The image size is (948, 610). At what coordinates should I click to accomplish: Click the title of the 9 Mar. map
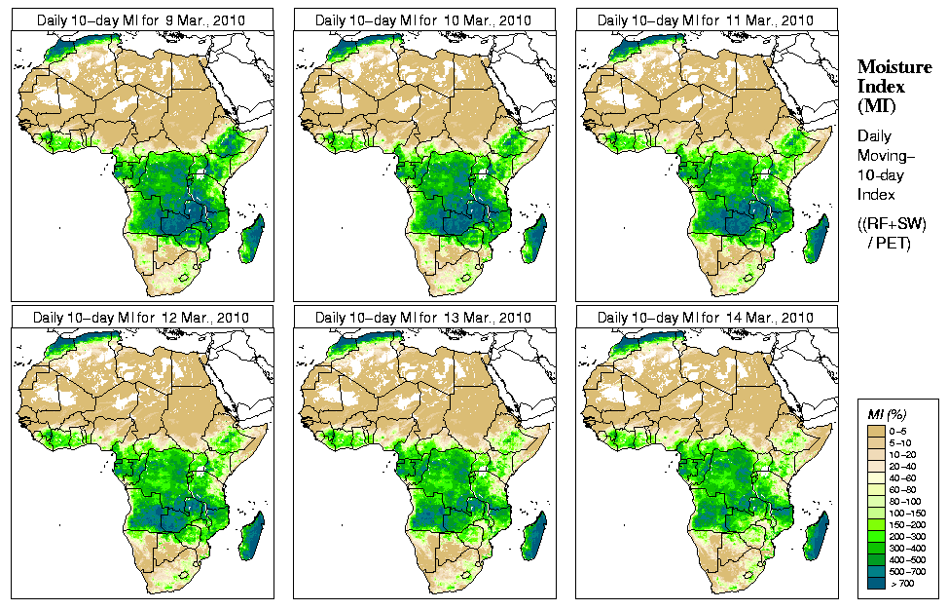(x=142, y=19)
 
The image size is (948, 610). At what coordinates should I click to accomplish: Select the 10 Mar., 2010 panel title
(x=424, y=19)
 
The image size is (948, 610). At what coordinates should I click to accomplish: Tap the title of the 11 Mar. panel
(x=707, y=19)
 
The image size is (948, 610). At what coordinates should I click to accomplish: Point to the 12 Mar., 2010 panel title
(x=142, y=318)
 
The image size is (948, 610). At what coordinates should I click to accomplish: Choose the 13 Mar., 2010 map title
(x=424, y=318)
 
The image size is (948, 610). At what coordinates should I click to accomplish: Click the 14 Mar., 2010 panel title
(x=707, y=318)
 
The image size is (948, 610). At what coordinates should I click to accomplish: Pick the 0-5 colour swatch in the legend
(x=875, y=430)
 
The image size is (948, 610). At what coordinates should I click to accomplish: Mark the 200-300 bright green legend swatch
(x=875, y=535)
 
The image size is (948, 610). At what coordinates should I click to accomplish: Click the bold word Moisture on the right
(x=890, y=66)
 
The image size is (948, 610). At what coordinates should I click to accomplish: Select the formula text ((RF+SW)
(x=892, y=224)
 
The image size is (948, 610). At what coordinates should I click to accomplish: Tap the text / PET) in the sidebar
(x=890, y=243)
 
